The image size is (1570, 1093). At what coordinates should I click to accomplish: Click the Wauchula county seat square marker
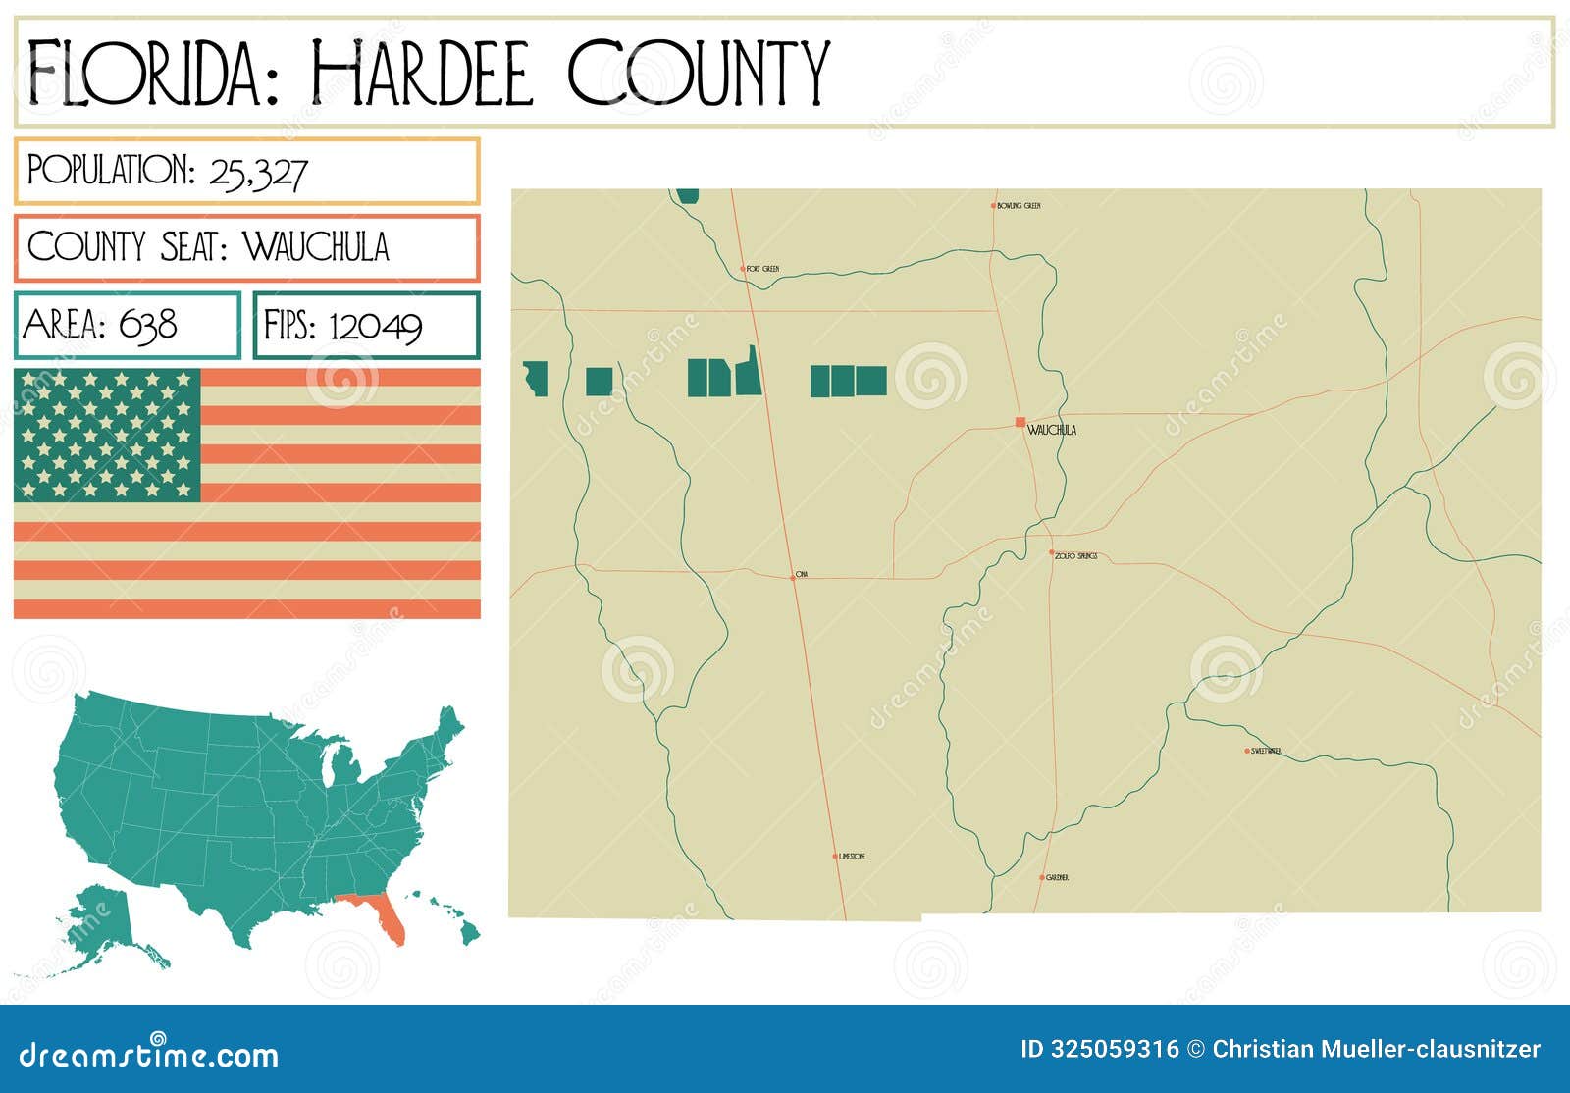coord(1020,422)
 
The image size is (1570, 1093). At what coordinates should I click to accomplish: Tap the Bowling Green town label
coord(1019,206)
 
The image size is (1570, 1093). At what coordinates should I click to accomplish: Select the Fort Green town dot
coord(743,268)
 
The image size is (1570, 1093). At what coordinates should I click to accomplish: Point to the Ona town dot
coord(793,578)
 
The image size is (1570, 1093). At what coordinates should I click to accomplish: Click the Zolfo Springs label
coord(1076,556)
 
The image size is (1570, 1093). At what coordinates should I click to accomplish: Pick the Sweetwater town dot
coord(1247,751)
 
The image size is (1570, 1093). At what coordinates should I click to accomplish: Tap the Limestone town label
coord(852,857)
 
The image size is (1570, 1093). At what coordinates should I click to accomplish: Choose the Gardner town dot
coord(1042,877)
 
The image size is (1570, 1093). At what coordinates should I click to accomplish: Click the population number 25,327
coord(258,174)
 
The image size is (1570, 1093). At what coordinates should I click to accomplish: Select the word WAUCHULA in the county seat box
coord(316,247)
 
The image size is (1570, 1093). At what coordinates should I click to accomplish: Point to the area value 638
coord(148,325)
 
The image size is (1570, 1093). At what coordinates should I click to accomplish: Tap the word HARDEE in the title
coord(422,73)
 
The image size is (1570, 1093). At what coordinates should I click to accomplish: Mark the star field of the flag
coord(107,435)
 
